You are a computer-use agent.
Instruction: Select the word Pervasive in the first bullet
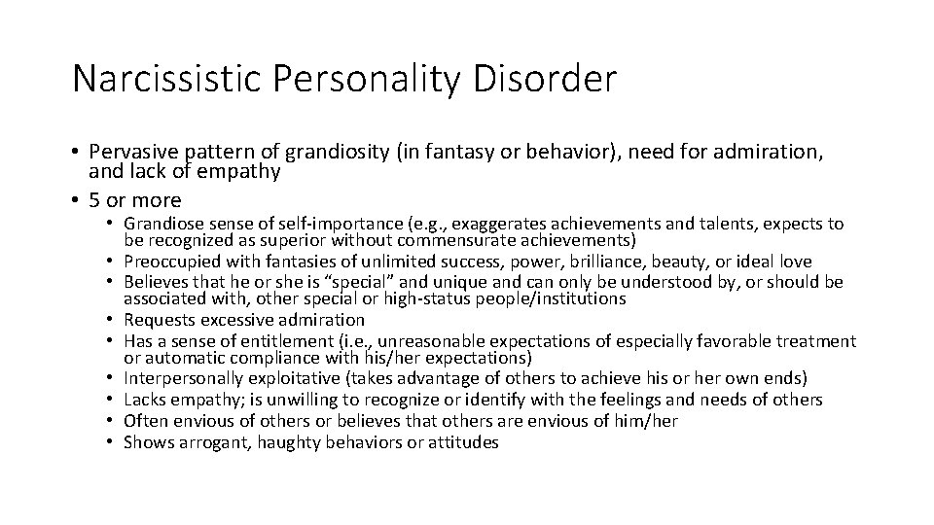(130, 153)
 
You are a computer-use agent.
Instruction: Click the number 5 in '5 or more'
(93, 200)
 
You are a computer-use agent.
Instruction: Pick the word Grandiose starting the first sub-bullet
(163, 224)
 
